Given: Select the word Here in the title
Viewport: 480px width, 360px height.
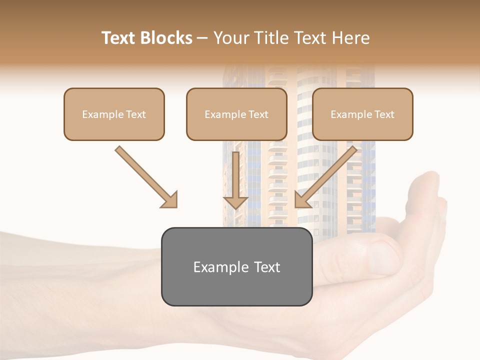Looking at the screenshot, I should click(350, 38).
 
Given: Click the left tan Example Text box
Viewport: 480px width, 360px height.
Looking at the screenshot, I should click(114, 114).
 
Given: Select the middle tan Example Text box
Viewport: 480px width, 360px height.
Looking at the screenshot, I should click(236, 114).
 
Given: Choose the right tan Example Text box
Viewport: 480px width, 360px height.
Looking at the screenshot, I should click(362, 114).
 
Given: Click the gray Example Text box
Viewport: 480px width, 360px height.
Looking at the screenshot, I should click(236, 266).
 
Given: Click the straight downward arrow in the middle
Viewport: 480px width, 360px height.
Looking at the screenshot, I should click(235, 180).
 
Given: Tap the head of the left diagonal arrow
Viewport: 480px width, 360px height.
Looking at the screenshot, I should click(170, 199).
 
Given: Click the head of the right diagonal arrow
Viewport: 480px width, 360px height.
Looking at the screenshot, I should click(302, 199).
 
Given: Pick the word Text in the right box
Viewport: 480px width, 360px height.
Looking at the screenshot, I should click(384, 114).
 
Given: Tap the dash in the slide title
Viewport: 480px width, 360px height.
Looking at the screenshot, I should click(203, 38).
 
